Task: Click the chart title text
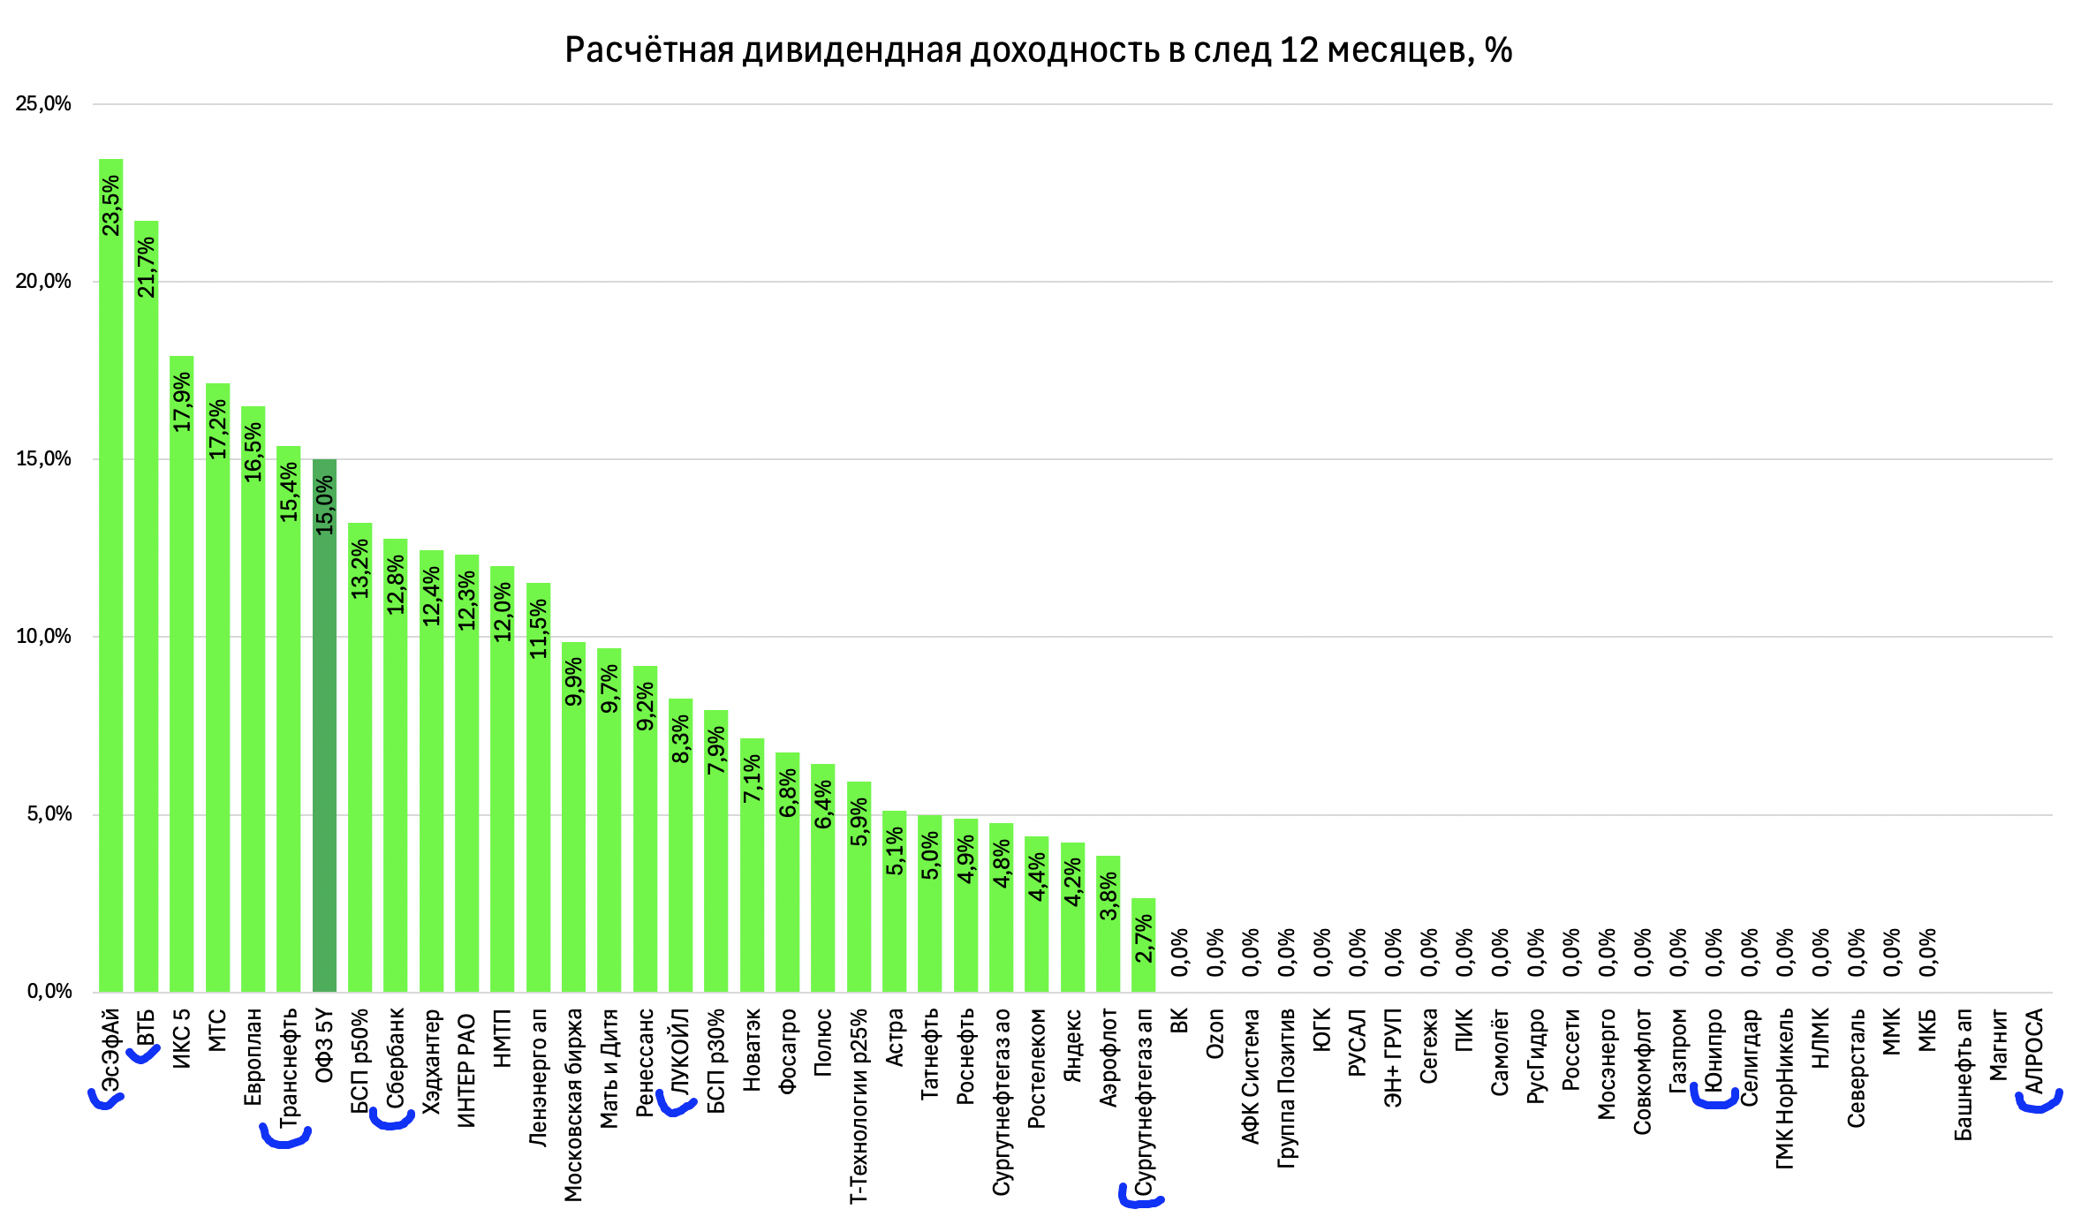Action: (x=1038, y=50)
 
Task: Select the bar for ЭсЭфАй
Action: (x=110, y=574)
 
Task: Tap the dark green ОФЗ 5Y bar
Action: (x=324, y=724)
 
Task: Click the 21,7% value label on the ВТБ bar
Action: (x=146, y=268)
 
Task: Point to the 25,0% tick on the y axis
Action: (x=43, y=104)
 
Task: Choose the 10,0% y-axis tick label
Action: (x=43, y=637)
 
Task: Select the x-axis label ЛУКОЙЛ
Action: (x=680, y=1052)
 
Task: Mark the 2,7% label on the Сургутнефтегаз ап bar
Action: (x=1144, y=938)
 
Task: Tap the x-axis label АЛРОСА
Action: (x=2034, y=1051)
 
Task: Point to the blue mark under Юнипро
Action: (x=1714, y=1100)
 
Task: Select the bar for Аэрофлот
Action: (x=1108, y=923)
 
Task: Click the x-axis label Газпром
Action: (x=1678, y=1051)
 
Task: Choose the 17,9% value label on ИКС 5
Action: (x=182, y=402)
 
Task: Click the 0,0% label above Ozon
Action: (x=1215, y=952)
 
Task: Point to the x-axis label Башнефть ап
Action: (x=1963, y=1074)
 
